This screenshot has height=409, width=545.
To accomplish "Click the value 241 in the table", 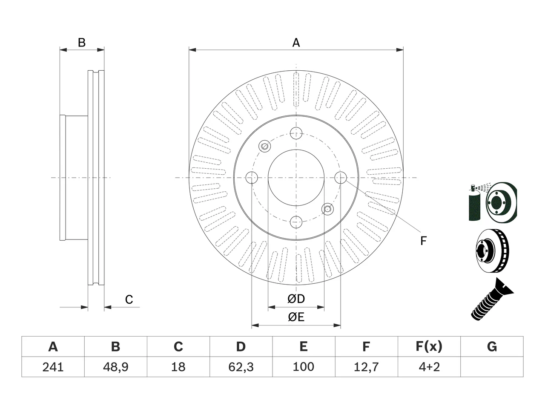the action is [x=53, y=367].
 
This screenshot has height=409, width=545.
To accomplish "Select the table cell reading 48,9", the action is [x=116, y=367].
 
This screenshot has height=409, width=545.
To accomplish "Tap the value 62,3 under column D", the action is [x=241, y=367].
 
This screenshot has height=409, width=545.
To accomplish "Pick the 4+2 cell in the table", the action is [x=429, y=367].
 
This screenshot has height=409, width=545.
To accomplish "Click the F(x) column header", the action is [x=429, y=346].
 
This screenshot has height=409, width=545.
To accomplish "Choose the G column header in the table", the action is [x=492, y=346].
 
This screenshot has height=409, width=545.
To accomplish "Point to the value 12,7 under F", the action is [x=366, y=367].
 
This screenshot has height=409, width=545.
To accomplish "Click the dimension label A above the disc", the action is [x=296, y=43].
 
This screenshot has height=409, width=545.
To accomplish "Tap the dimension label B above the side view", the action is [x=82, y=43].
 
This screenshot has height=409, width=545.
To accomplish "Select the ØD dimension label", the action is [x=296, y=299].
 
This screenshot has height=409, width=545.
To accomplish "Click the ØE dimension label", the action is [x=296, y=317].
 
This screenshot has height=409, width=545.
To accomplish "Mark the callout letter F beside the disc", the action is [x=423, y=241].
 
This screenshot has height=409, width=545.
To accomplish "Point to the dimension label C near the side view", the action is [x=129, y=300].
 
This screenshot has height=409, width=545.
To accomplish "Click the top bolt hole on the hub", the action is [x=296, y=133].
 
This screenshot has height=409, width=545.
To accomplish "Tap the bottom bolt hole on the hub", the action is [x=296, y=222].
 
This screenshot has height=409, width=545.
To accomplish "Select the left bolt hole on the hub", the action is [x=252, y=178].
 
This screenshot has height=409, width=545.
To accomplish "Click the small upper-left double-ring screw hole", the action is [x=265, y=146].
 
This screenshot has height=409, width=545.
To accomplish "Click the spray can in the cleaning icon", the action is [x=474, y=203].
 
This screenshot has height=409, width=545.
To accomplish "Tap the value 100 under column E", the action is [x=304, y=367].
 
